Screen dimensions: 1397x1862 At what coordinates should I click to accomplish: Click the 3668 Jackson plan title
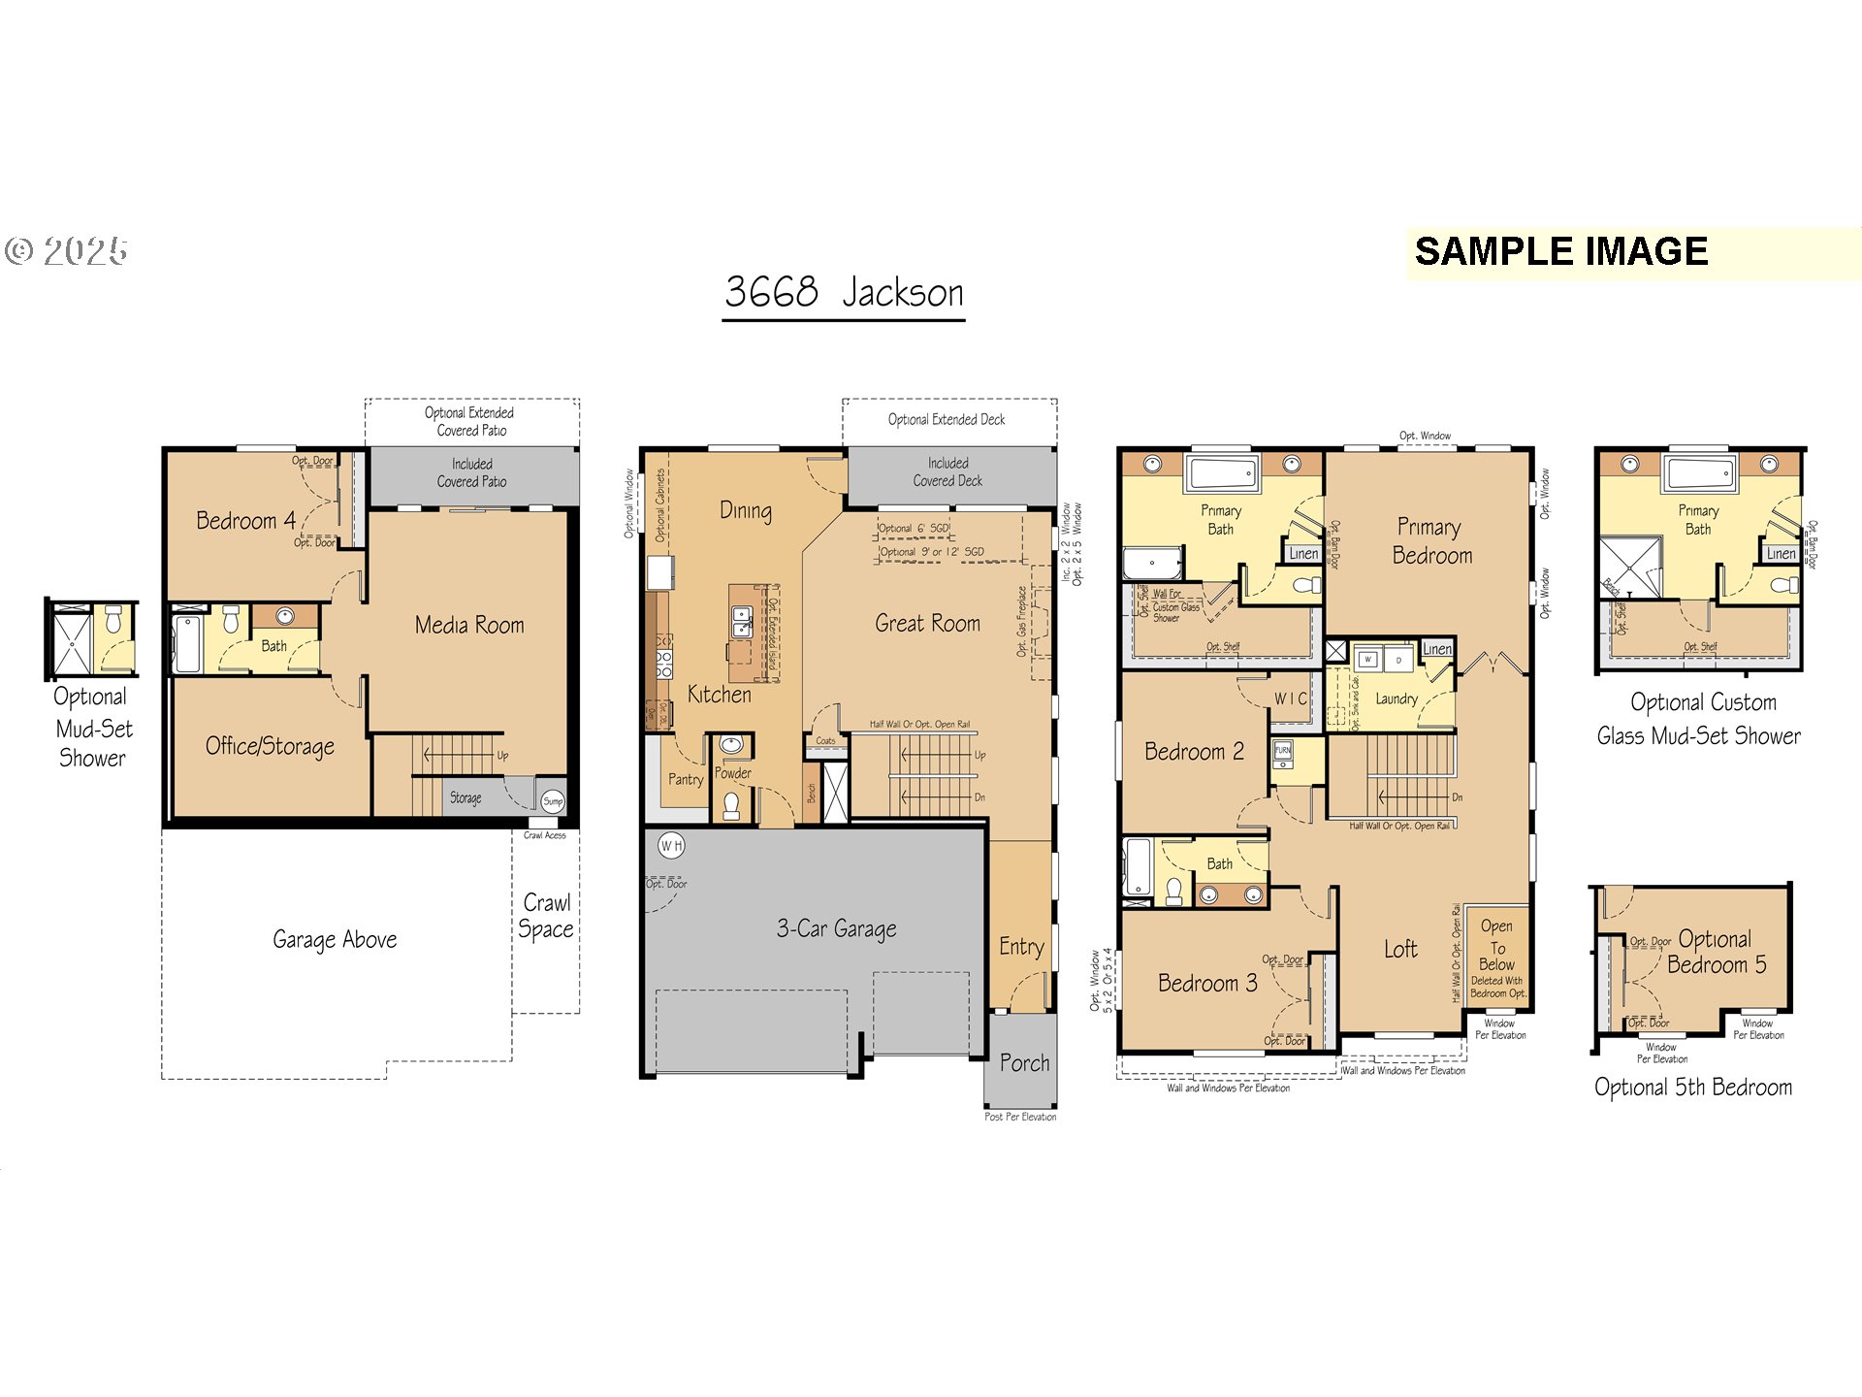pyautogui.click(x=844, y=292)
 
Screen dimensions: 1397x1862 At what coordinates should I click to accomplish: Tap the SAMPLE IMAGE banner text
pyautogui.click(x=1560, y=252)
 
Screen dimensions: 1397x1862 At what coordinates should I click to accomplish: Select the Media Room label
pyautogui.click(x=469, y=626)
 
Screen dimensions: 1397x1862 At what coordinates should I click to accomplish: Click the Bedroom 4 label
pyautogui.click(x=245, y=521)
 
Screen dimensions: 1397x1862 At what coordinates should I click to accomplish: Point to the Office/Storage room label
pyautogui.click(x=270, y=746)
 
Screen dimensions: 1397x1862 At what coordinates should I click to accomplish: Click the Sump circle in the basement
pyautogui.click(x=553, y=800)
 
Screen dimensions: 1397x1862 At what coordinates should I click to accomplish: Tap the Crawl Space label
pyautogui.click(x=546, y=916)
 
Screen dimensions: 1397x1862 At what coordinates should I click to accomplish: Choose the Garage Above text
pyautogui.click(x=335, y=939)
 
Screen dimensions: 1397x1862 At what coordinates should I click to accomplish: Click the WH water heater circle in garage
pyautogui.click(x=671, y=845)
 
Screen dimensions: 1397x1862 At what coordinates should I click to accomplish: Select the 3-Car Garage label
pyautogui.click(x=836, y=928)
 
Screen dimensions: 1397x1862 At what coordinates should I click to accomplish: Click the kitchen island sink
pyautogui.click(x=741, y=621)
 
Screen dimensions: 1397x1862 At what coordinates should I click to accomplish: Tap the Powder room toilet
pyautogui.click(x=732, y=804)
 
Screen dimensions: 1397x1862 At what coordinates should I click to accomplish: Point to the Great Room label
pyautogui.click(x=927, y=624)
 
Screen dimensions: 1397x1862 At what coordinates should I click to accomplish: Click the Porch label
pyautogui.click(x=1024, y=1063)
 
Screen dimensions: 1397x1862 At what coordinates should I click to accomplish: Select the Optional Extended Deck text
pyautogui.click(x=947, y=419)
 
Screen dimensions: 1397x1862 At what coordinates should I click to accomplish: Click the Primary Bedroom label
pyautogui.click(x=1431, y=541)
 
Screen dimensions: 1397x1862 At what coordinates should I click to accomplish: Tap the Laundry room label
pyautogui.click(x=1396, y=698)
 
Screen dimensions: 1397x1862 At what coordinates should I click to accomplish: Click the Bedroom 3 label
pyautogui.click(x=1207, y=984)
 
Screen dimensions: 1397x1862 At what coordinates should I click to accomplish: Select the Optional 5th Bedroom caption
pyautogui.click(x=1692, y=1088)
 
